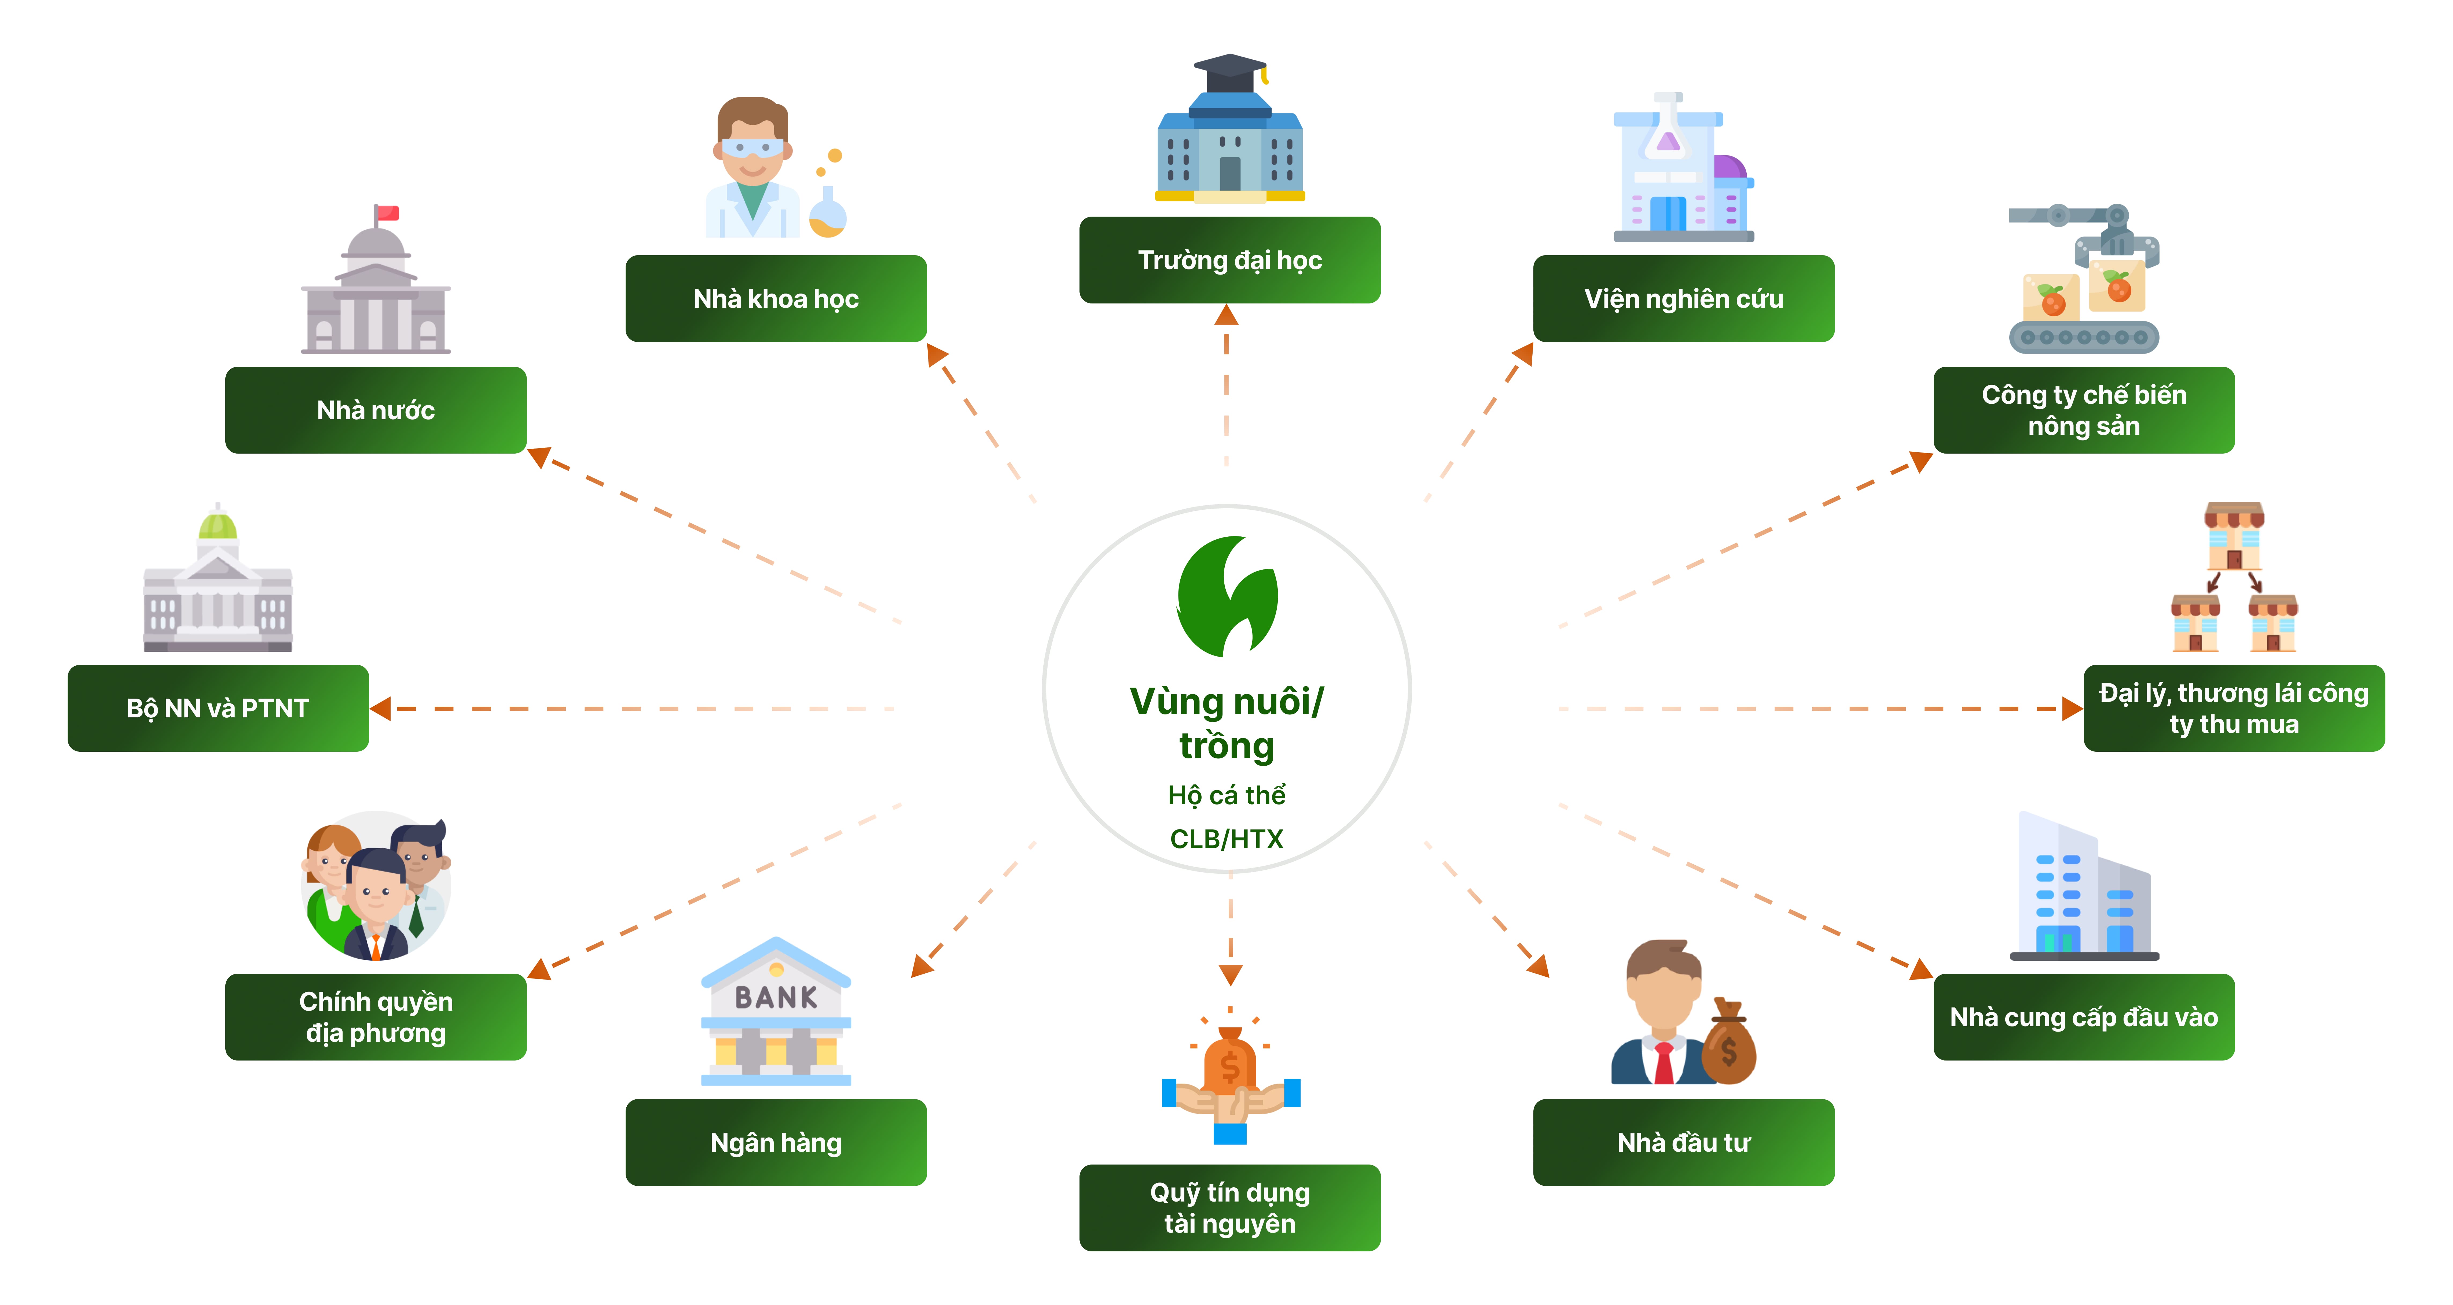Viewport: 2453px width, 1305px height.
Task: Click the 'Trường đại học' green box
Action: click(1229, 260)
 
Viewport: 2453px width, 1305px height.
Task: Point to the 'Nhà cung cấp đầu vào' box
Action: click(2084, 1017)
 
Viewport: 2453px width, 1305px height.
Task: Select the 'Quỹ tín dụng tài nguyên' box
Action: click(1229, 1207)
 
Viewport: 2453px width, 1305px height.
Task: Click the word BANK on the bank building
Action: click(776, 997)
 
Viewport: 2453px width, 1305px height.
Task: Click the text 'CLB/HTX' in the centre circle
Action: click(1226, 839)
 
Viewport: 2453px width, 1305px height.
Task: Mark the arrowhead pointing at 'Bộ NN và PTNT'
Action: click(381, 708)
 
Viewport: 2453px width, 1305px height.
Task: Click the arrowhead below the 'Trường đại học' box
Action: click(1226, 315)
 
